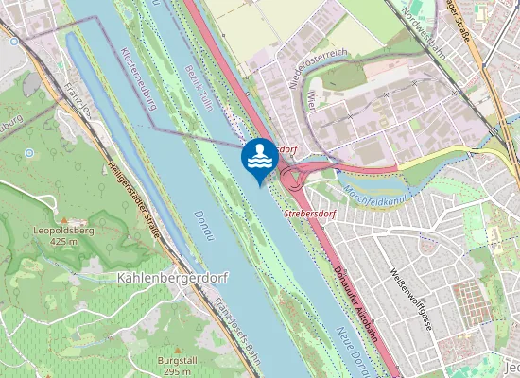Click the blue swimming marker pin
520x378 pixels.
[259, 159]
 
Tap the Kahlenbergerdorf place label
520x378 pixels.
[162, 279]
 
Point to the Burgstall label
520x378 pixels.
[178, 361]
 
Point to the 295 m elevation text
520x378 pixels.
[178, 371]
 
